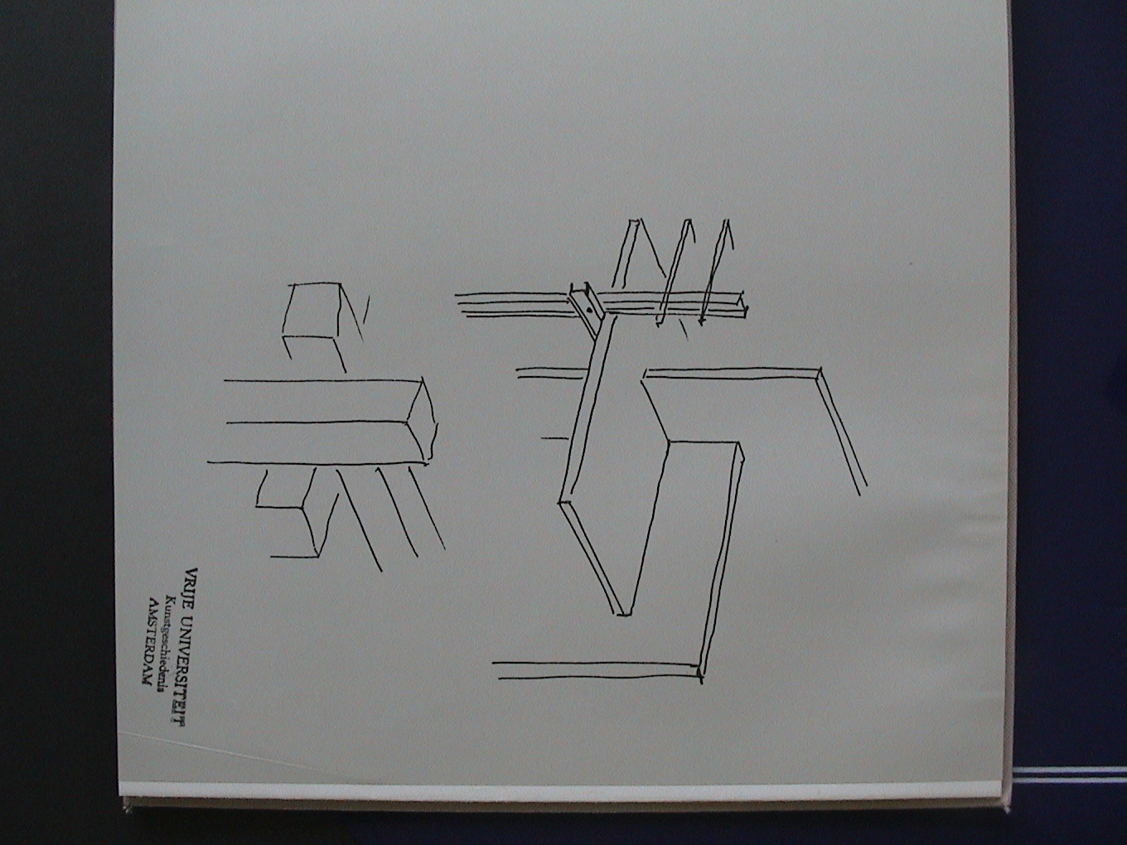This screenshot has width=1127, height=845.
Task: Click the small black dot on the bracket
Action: click(589, 309)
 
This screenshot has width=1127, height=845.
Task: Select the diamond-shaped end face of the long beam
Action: click(422, 420)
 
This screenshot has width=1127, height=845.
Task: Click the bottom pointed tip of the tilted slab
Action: click(623, 614)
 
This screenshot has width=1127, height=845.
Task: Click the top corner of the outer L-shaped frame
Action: click(820, 368)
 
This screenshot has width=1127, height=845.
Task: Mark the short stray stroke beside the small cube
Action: click(365, 309)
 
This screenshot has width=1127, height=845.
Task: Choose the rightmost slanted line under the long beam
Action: click(427, 506)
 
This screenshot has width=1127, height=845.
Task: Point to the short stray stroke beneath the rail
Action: click(684, 328)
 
